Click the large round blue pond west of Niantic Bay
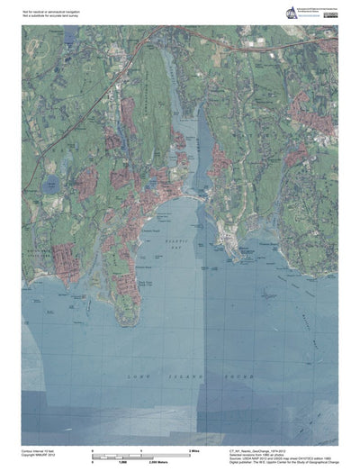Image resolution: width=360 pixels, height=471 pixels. tap(49, 186)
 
